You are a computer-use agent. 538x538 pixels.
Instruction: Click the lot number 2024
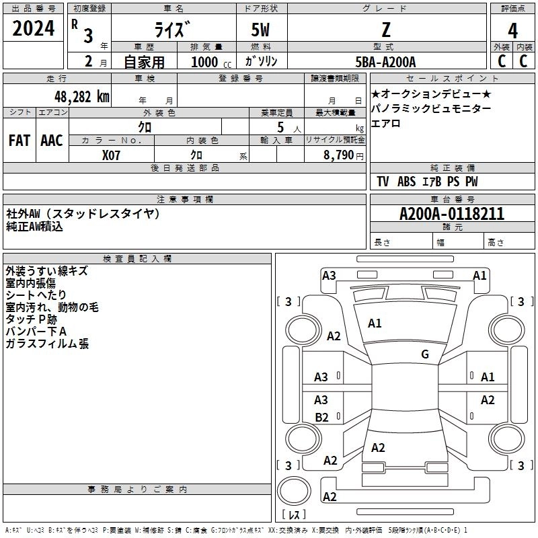34,30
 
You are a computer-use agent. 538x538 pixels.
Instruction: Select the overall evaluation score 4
512,30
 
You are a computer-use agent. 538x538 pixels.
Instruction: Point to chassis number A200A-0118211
452,214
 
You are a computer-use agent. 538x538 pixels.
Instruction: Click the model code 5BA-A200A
385,62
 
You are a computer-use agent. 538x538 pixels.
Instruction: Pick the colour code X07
112,154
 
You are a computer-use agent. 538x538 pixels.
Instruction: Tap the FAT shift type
20,141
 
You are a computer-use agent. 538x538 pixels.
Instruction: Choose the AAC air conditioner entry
52,141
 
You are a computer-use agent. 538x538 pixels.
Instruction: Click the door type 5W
261,30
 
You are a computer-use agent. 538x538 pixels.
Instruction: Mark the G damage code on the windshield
424,354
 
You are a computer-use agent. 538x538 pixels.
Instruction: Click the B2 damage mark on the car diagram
322,417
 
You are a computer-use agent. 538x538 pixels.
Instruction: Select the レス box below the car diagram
294,514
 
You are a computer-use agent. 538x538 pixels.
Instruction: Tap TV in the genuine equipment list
383,182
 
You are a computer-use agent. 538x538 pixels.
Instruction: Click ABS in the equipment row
406,182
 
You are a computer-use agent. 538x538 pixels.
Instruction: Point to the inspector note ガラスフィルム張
47,344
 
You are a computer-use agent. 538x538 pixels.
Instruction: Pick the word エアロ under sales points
386,123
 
